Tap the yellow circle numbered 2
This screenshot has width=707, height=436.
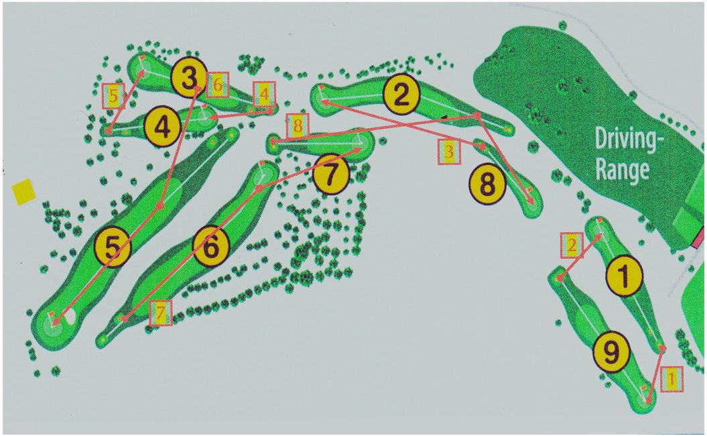[x=401, y=94]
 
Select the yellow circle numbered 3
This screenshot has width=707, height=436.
[x=189, y=78]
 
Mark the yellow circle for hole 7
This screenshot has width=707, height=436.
[x=331, y=174]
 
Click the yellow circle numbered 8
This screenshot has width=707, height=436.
[x=488, y=184]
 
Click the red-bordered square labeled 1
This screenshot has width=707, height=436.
[x=671, y=378]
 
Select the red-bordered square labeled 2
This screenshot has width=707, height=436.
[x=572, y=246]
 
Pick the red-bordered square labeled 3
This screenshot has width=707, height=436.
[x=449, y=152]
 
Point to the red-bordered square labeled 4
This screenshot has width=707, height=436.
[x=264, y=95]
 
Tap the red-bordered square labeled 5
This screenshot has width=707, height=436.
[x=113, y=96]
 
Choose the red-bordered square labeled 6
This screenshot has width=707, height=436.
[x=218, y=85]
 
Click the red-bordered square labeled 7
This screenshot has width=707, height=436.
[x=161, y=313]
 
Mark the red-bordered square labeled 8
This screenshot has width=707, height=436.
[x=297, y=125]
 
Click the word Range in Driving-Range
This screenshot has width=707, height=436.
[x=623, y=170]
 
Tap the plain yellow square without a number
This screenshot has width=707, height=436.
[x=23, y=191]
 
